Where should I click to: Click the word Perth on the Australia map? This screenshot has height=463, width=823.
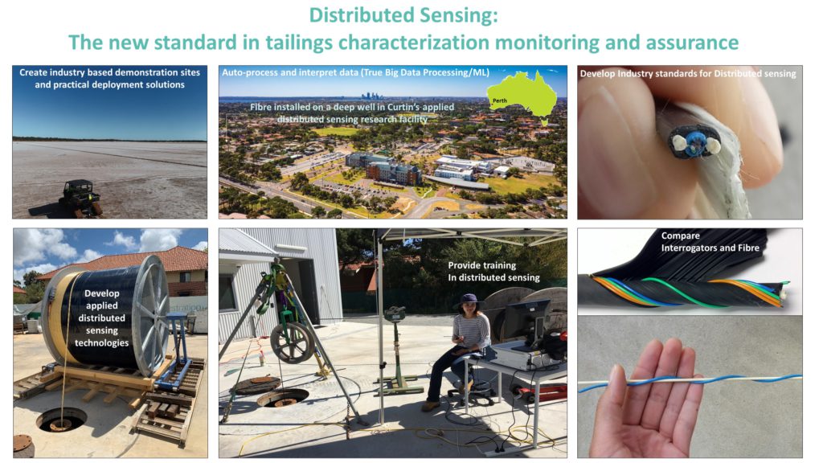(x=500, y=100)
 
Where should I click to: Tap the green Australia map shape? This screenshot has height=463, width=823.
(x=522, y=96)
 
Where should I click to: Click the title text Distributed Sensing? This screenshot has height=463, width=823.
(x=403, y=15)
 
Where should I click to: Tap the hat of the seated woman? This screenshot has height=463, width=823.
(x=469, y=301)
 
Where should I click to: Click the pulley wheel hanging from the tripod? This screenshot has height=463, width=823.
(x=292, y=342)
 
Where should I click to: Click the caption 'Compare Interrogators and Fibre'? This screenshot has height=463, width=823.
(x=710, y=241)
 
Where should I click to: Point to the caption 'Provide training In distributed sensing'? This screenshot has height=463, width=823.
(x=493, y=272)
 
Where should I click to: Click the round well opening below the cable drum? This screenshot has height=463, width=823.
(x=61, y=420)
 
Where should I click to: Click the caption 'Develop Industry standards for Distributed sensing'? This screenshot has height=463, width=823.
(x=688, y=73)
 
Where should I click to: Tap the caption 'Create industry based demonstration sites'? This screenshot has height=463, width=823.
(x=109, y=72)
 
